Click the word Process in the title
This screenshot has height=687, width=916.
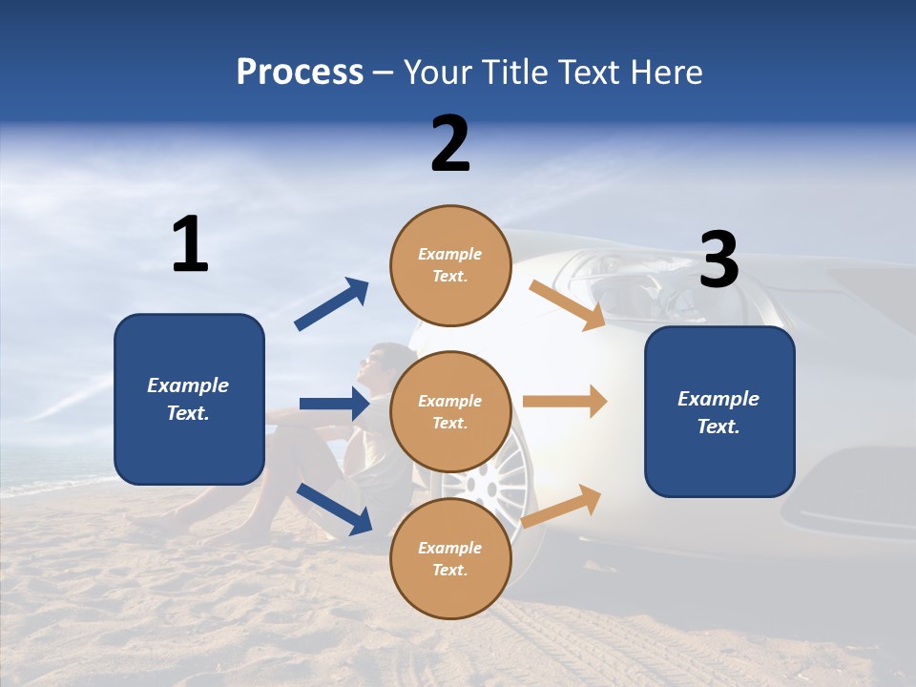tap(300, 72)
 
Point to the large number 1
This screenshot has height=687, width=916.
tap(190, 244)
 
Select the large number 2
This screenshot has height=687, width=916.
tap(450, 144)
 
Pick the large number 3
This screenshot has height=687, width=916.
tap(718, 260)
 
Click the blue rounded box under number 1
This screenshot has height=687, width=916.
tap(189, 399)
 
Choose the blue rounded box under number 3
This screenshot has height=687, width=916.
tap(719, 411)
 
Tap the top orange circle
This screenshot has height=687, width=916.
tap(450, 265)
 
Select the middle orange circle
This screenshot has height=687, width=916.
tap(450, 411)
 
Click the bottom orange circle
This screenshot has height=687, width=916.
tap(450, 558)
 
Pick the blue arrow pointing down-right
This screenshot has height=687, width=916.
tap(334, 507)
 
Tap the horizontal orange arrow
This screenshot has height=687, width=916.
tap(565, 402)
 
